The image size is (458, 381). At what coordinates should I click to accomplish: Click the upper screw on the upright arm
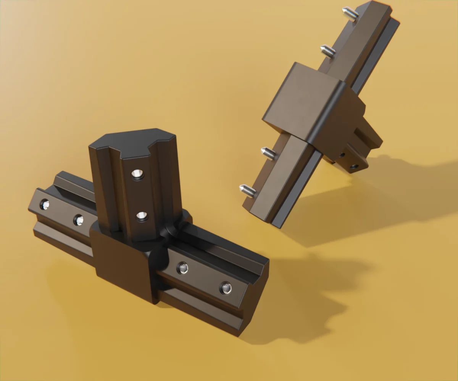pos(138,174)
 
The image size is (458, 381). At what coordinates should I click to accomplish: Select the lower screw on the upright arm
pos(142,216)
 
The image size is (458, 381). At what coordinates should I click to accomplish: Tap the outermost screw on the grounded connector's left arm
pos(45,205)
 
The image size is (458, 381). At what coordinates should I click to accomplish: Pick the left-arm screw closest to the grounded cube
pos(78,219)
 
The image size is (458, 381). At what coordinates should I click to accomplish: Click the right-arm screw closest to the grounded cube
pos(182,268)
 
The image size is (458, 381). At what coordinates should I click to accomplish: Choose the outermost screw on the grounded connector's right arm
pos(226,288)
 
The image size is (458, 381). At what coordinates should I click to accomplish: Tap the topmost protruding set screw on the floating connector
pos(350,14)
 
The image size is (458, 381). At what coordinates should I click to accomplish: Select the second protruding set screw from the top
pos(328,50)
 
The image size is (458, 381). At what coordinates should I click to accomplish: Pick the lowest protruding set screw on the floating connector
pos(247,190)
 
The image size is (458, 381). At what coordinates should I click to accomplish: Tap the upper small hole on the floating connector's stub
pos(342,155)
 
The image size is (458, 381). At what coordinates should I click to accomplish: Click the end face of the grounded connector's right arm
pos(254,297)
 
